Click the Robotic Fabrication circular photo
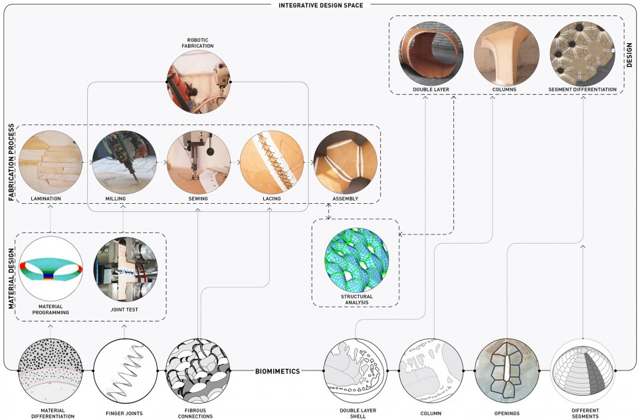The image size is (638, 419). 199,82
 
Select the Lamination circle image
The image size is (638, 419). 51,162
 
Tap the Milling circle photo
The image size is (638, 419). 124,162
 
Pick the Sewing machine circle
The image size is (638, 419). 199,162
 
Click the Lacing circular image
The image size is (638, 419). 272,162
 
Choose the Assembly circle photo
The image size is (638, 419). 346,162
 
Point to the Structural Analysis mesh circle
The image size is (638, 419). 356,259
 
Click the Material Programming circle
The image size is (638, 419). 51,269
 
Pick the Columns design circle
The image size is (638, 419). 506,54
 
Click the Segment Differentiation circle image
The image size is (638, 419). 582,54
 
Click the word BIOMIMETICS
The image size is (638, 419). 278,371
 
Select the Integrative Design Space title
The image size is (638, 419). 321,5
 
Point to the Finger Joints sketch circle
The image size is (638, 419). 126,371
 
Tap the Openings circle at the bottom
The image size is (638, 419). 507,371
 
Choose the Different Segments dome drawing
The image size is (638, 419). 583,371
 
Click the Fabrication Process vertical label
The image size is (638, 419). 11,163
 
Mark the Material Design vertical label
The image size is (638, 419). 11,278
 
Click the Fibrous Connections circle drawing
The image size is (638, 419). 198,371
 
